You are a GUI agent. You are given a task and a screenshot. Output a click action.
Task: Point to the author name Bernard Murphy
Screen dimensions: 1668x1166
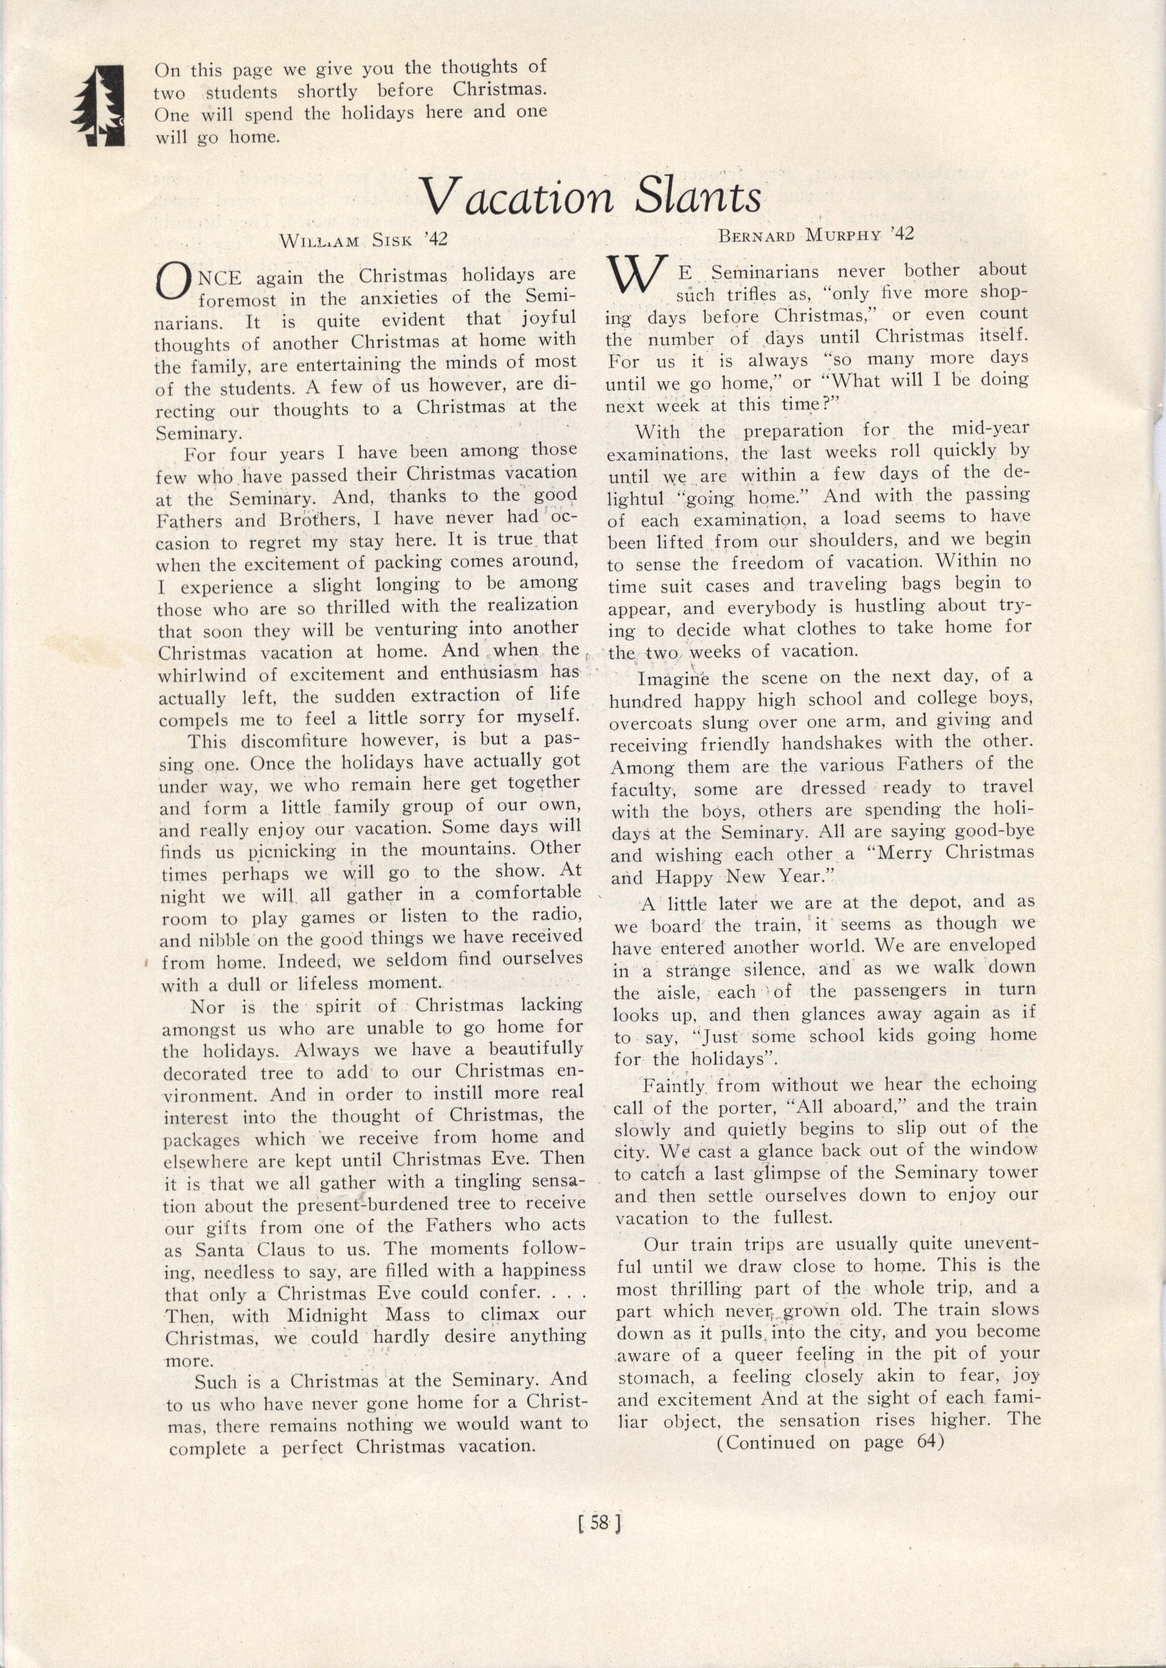pyautogui.click(x=816, y=235)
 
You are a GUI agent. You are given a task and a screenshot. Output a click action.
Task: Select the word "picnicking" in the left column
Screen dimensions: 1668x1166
pyautogui.click(x=291, y=850)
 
